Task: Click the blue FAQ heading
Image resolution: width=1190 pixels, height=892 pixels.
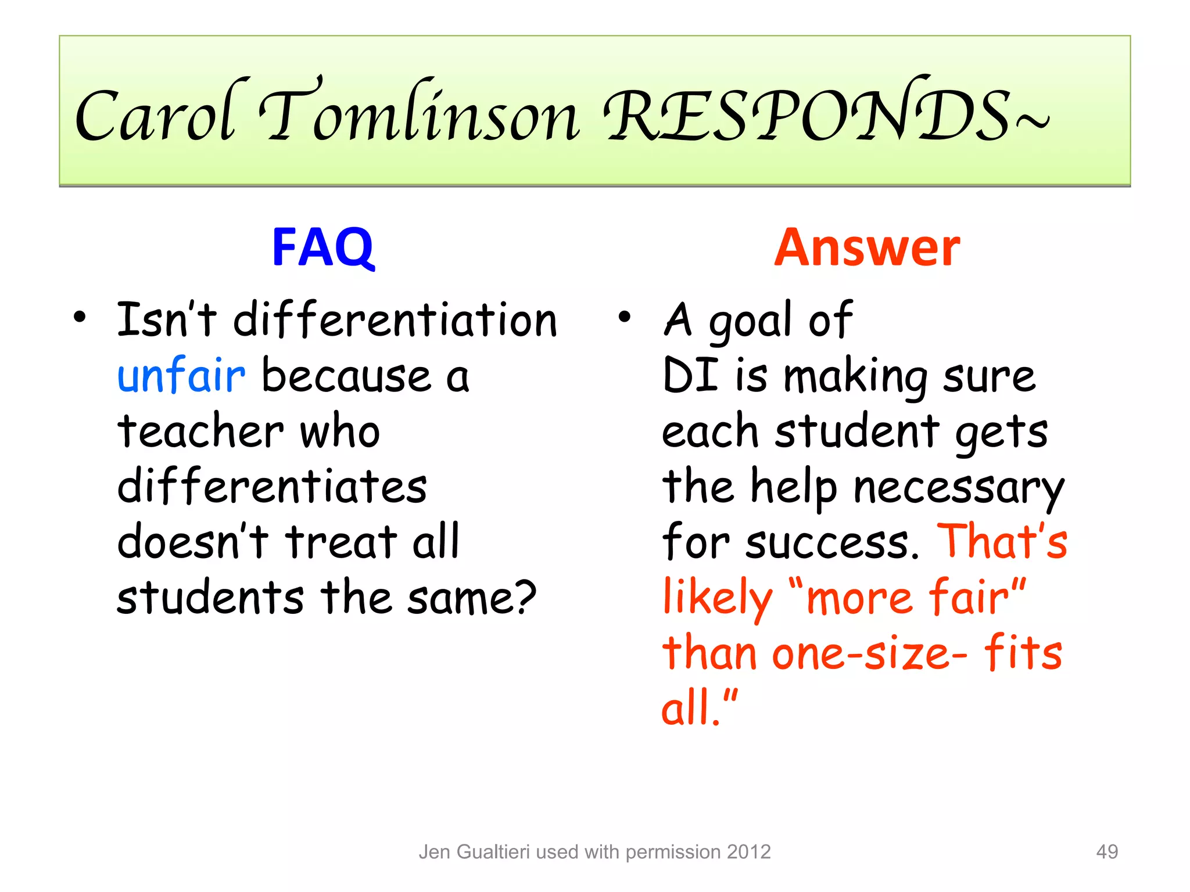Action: point(323,248)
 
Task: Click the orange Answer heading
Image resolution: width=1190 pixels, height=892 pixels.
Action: point(866,248)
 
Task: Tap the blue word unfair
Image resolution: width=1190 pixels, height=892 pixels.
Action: point(181,376)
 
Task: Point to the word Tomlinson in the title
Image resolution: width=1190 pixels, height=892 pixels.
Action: point(418,113)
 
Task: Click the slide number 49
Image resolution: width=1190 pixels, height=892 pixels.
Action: point(1106,851)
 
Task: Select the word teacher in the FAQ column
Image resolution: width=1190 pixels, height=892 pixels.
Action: point(200,431)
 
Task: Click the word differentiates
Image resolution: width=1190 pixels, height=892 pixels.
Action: point(272,487)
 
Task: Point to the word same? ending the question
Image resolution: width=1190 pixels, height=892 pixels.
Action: point(471,598)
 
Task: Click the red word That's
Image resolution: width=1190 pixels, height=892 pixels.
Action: point(1002,541)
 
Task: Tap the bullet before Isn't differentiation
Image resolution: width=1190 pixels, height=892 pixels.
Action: point(80,318)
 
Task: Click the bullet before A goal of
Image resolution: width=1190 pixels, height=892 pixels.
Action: point(624,318)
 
